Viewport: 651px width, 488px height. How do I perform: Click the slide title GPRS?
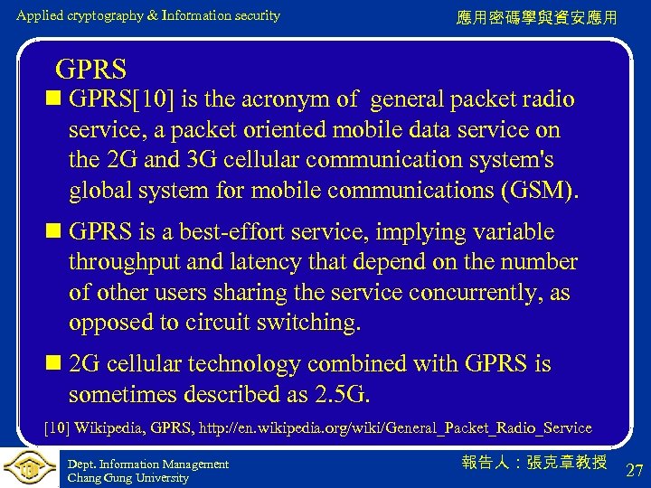(90, 68)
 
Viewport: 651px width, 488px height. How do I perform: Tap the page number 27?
(634, 470)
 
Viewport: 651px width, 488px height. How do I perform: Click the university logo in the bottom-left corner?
(30, 467)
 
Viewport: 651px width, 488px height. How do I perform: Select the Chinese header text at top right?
(537, 17)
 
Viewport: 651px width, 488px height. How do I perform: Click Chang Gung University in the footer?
(128, 477)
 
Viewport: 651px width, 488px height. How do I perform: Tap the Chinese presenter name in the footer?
(533, 462)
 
